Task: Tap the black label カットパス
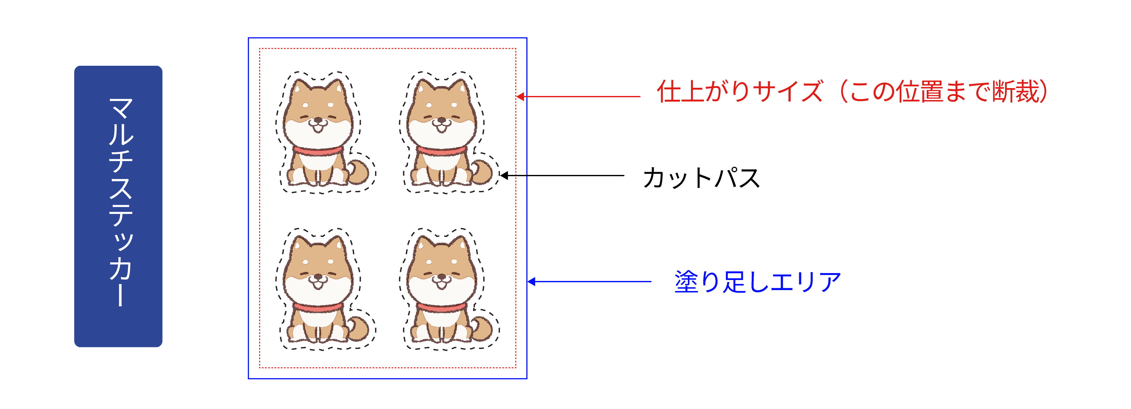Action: [701, 178]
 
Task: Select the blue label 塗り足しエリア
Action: [758, 282]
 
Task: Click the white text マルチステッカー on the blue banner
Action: [120, 202]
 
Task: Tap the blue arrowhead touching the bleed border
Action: [532, 282]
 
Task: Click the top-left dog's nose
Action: [318, 120]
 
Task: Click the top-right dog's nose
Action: [442, 120]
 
